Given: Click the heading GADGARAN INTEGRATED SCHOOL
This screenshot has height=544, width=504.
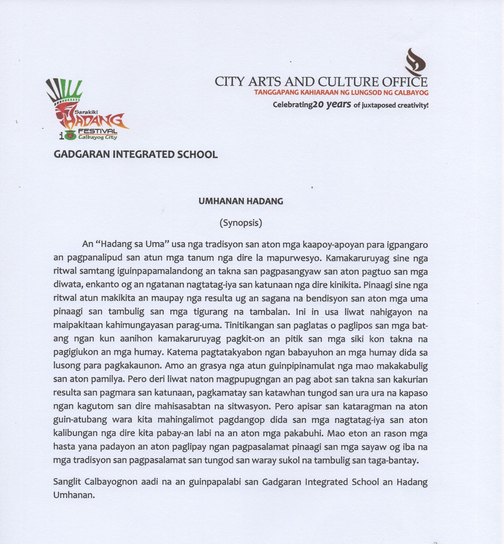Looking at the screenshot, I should point(135,154).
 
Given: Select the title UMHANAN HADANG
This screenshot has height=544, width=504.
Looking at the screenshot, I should point(241,201).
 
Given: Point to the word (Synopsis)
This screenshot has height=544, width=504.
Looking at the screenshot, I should point(241,223).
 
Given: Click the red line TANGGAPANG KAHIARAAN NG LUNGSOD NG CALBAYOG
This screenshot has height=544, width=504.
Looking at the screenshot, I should point(341,92).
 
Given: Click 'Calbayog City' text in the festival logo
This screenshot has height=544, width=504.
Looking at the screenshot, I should point(98,137).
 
